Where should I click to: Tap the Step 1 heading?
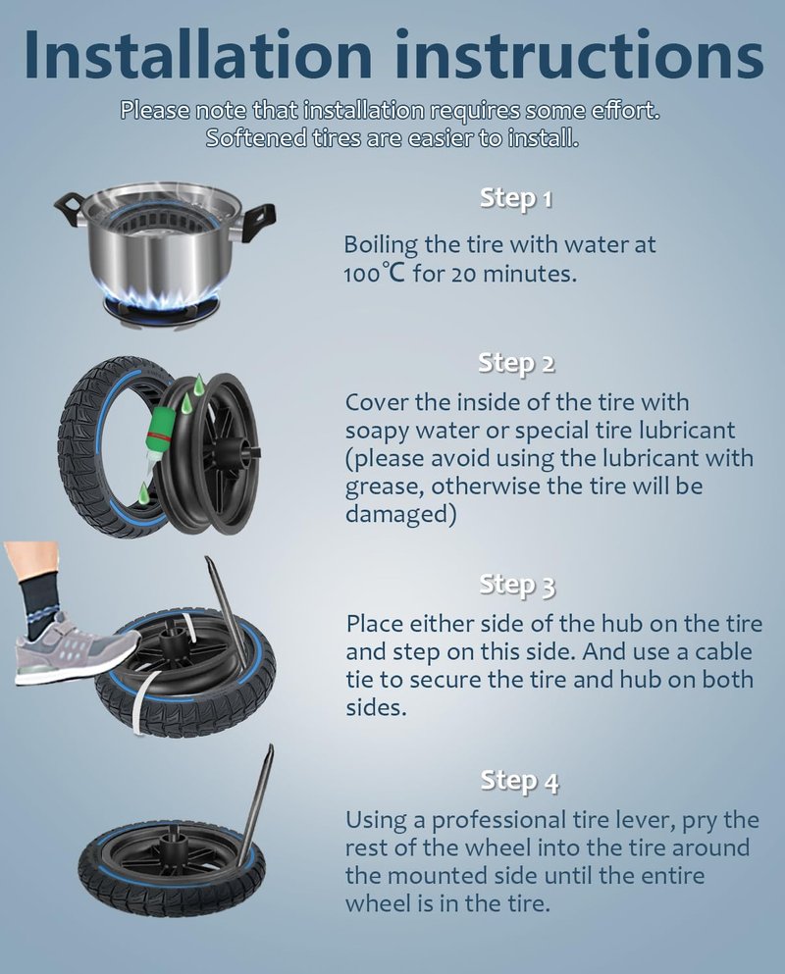516,199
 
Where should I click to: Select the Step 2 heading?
516,363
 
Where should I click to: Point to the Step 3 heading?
517,585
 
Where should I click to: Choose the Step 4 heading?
519,781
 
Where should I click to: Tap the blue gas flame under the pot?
164,300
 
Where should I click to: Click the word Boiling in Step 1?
381,245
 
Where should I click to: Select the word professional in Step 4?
497,822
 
